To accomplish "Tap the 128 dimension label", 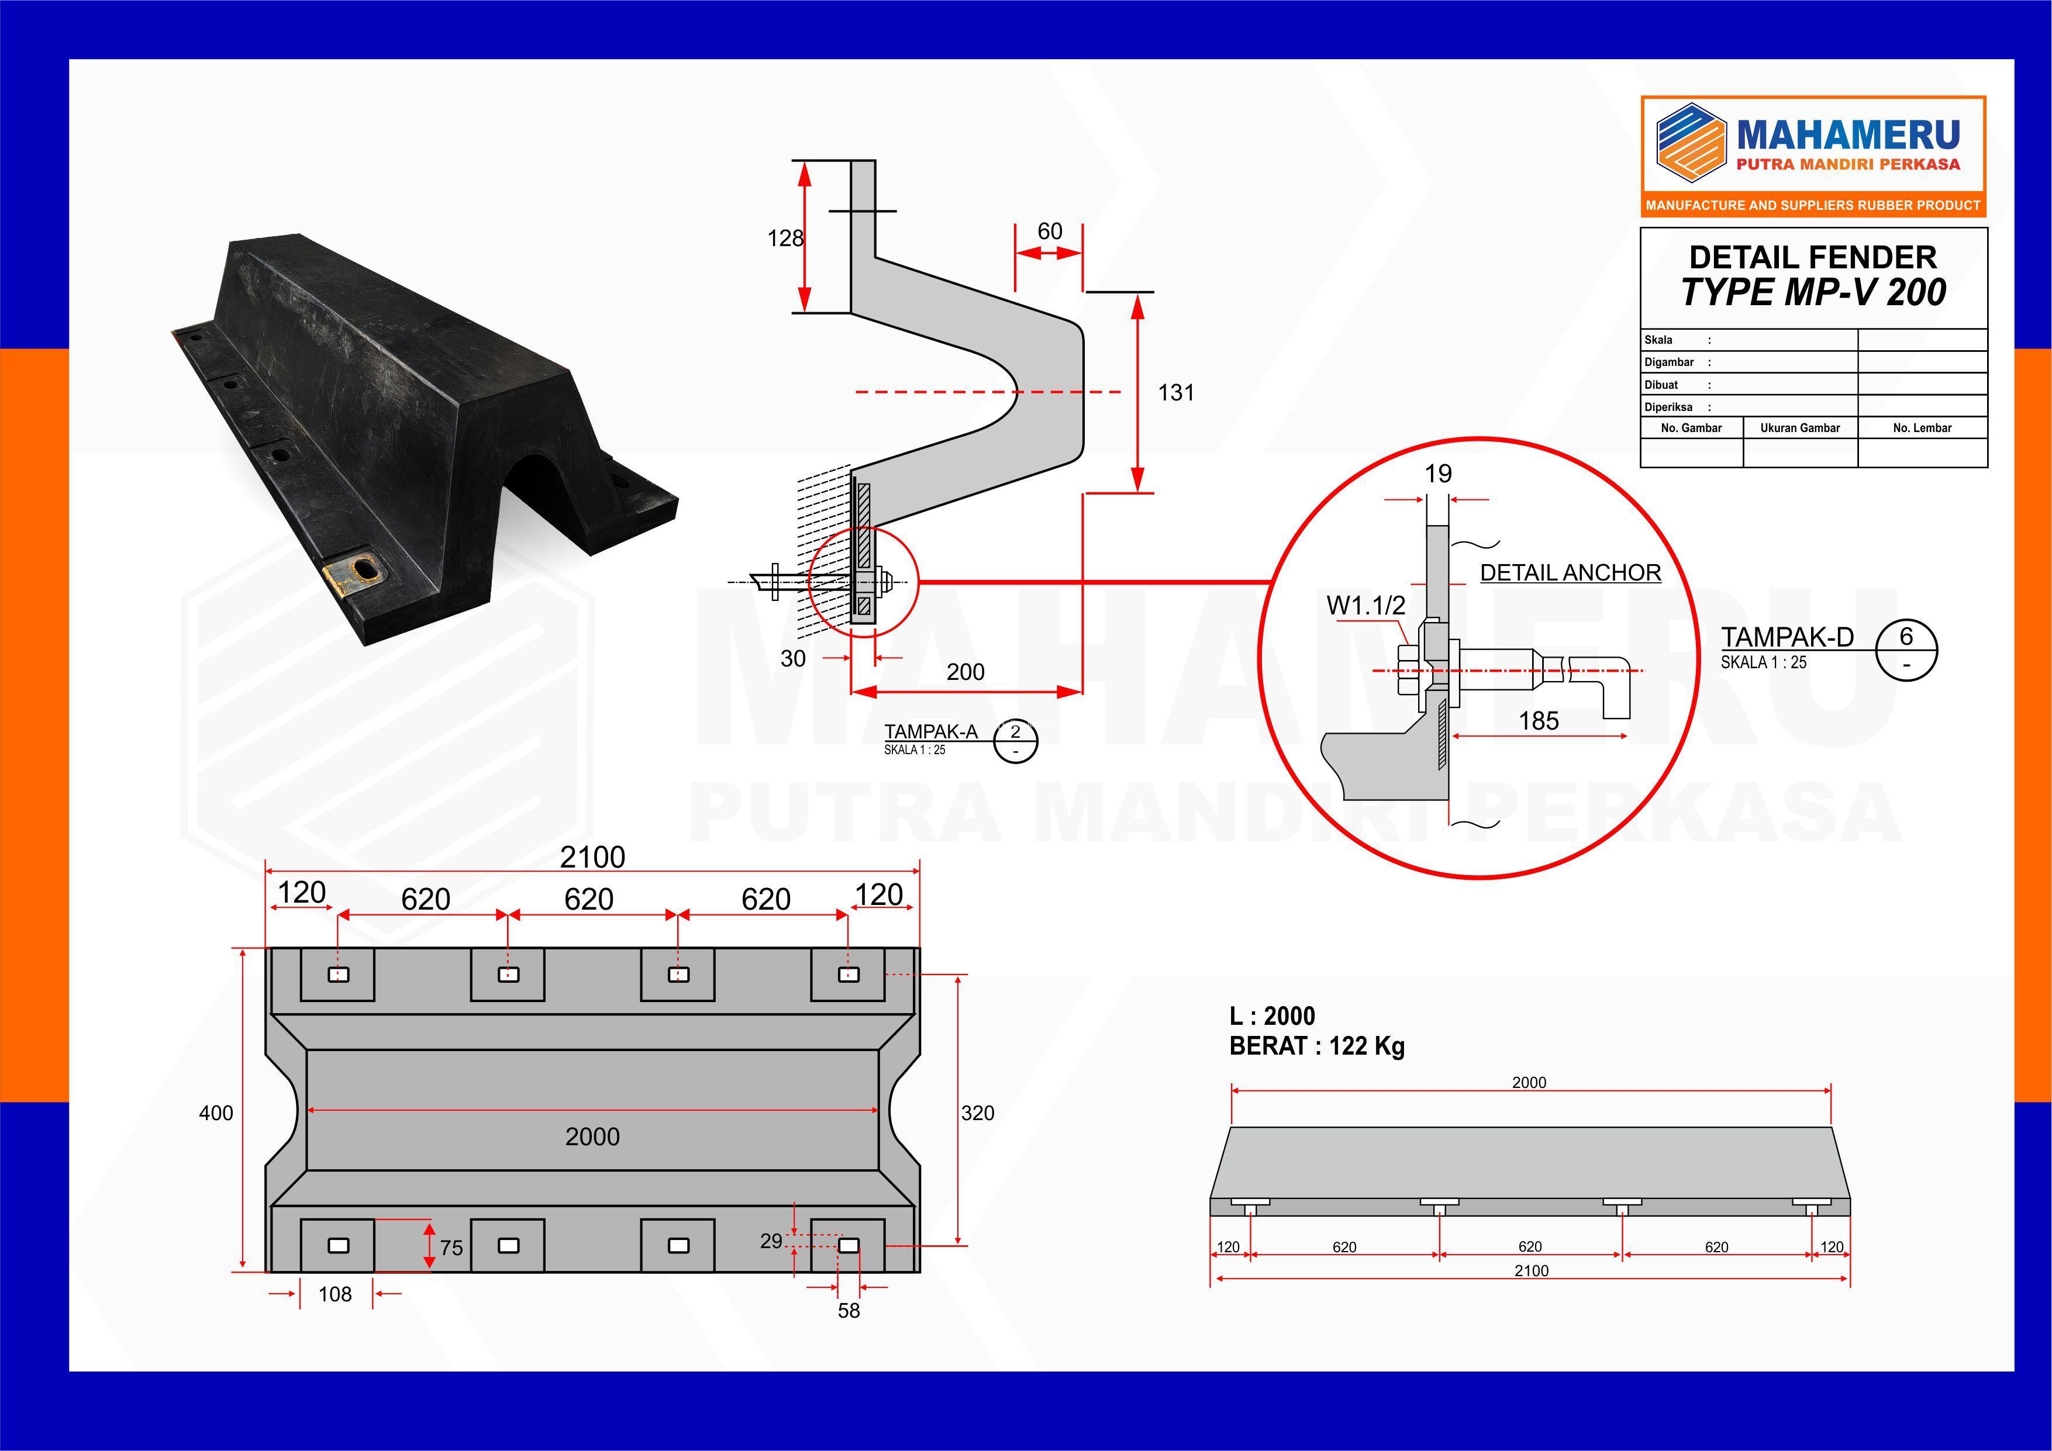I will click(785, 238).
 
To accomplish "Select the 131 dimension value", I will click(1175, 392).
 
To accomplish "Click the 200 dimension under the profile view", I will click(965, 672).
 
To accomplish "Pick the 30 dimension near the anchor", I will click(793, 658).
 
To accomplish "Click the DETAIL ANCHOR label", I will click(1570, 573).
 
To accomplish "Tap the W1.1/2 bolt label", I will click(1365, 606).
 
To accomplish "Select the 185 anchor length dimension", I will click(1538, 721).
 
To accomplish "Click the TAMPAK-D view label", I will click(1788, 637).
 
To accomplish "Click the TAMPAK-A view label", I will click(930, 732).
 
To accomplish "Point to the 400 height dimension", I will click(215, 1113).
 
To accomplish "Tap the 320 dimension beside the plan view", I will click(978, 1113).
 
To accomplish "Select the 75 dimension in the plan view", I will click(451, 1248).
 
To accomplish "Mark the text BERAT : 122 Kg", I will click(1316, 1046).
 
